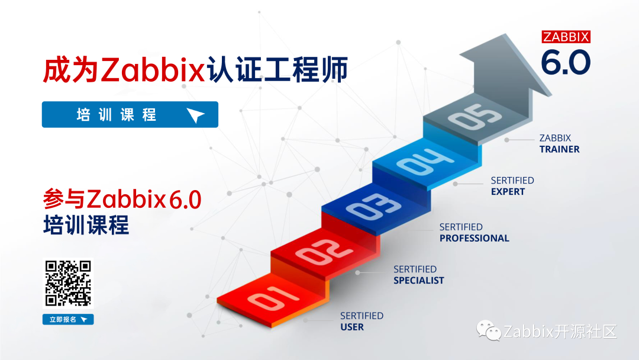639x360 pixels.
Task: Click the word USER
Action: pos(352,327)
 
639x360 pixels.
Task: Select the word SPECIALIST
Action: pos(418,280)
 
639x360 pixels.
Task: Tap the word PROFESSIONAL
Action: pos(474,238)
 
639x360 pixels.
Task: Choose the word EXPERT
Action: pos(508,191)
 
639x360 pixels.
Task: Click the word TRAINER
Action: pos(559,149)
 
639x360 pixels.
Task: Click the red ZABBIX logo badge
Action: pos(566,37)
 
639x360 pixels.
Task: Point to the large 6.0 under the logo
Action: pos(566,62)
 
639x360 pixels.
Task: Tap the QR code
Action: pos(68,283)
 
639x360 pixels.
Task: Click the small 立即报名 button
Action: pos(68,320)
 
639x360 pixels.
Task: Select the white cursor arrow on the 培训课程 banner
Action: pos(196,115)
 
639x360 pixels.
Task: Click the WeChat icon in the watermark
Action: pos(489,331)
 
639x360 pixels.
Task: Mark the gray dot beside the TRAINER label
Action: pos(507,140)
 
